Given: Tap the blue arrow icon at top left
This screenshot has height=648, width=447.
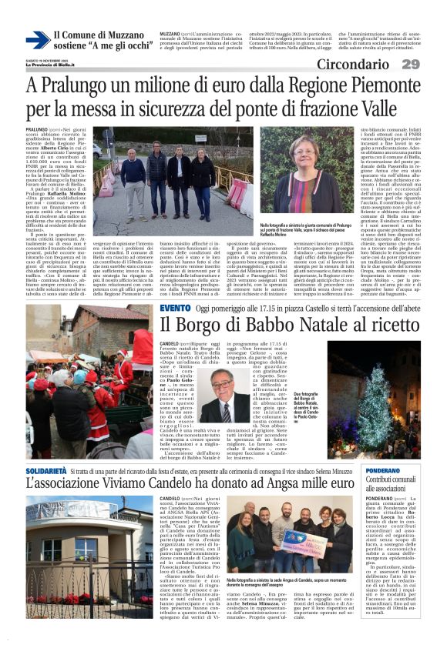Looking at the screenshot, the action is pos(37,39).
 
